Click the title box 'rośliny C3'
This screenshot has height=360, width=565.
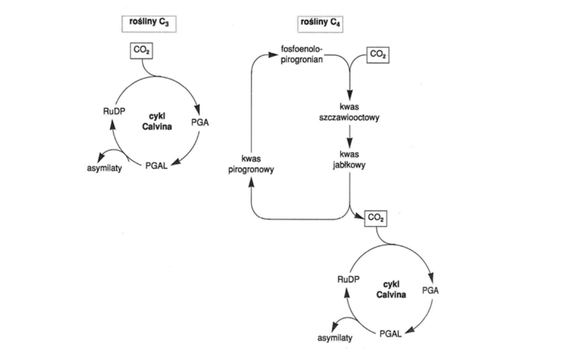click(x=149, y=23)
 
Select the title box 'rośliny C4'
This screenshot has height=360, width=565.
click(x=320, y=23)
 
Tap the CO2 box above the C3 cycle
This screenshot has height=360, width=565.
click(x=141, y=50)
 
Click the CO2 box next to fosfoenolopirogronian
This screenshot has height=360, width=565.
click(x=378, y=55)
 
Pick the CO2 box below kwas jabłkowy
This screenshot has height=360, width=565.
click(x=376, y=218)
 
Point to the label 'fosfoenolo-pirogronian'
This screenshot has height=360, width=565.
click(x=302, y=54)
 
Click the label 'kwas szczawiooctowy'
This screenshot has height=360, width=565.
click(x=349, y=112)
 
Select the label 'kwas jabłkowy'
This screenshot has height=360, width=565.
click(x=349, y=159)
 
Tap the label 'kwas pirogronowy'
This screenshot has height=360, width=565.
click(x=251, y=164)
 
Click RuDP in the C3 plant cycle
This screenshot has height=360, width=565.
click(x=114, y=111)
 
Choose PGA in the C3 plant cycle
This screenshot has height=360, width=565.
click(x=200, y=122)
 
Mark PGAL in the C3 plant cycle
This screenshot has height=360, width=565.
click(x=156, y=166)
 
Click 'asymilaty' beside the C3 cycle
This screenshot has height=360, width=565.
click(x=105, y=168)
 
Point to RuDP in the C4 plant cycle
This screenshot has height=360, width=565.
click(x=349, y=279)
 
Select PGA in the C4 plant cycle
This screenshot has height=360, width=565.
click(x=430, y=290)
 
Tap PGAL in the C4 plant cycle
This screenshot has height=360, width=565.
click(x=390, y=334)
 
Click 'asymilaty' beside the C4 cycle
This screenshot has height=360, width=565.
click(x=335, y=338)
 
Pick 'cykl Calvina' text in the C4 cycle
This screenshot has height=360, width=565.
click(x=391, y=289)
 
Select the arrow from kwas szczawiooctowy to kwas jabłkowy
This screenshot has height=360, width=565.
click(x=350, y=136)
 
